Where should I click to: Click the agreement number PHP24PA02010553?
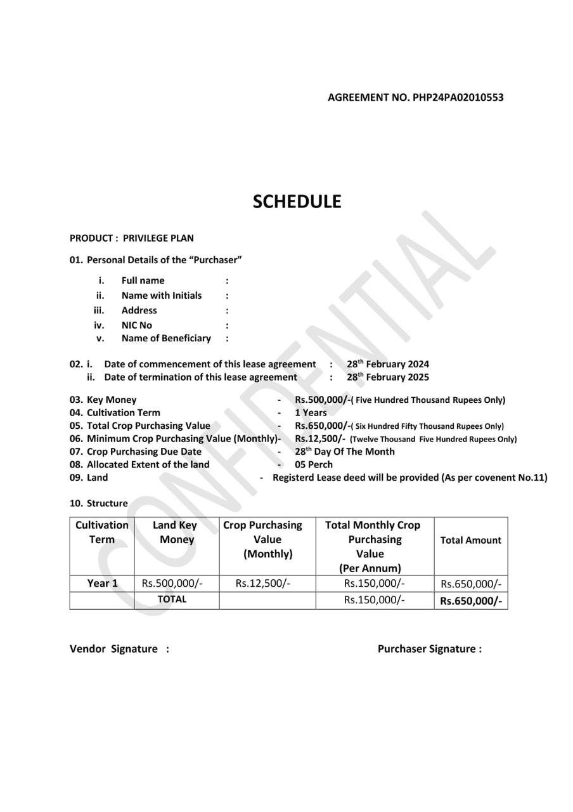coord(458,98)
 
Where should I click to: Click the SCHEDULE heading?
coord(297,202)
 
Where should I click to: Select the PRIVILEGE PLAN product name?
coord(158,239)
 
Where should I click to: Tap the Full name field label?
coord(143,280)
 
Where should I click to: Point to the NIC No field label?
coord(137,325)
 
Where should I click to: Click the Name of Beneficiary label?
coord(166,339)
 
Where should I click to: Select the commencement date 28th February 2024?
coord(387,364)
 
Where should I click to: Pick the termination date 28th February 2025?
coord(387,377)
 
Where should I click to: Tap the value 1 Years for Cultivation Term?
coord(311,413)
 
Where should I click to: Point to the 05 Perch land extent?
coord(313,464)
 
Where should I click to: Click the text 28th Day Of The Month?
coord(344,452)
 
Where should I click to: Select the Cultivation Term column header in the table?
coord(102,532)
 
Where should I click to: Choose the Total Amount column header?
coord(470,540)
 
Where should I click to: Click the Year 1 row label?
coord(102,584)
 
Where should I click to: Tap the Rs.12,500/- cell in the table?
coord(262,584)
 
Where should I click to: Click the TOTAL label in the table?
coord(172,599)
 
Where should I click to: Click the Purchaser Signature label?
coord(429,649)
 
